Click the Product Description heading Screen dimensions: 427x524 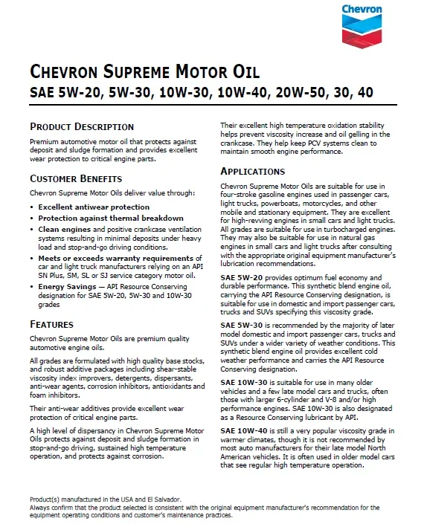pos(82,127)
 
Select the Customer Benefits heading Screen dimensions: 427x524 pos(76,179)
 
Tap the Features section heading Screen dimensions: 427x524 pos(51,325)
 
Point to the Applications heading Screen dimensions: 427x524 pos(253,172)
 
